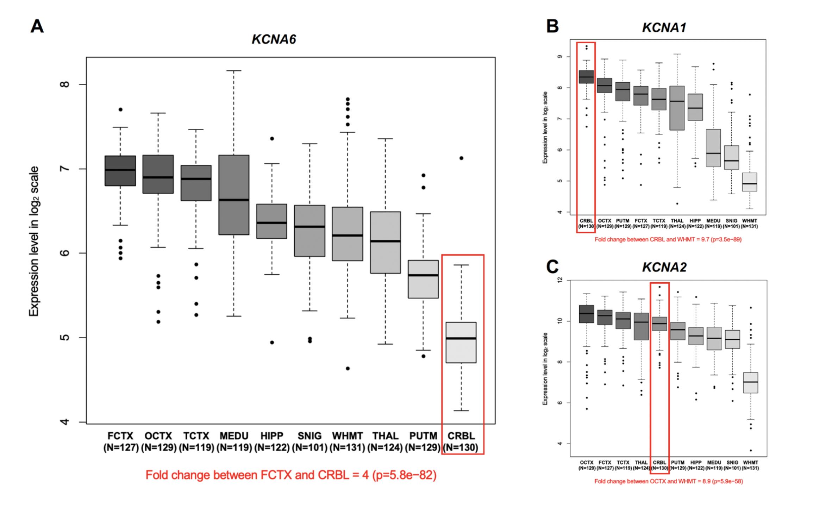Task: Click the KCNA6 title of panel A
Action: tap(274, 39)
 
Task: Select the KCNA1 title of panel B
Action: tap(664, 27)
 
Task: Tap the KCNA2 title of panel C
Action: tap(664, 268)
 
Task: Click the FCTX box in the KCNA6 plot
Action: tap(120, 171)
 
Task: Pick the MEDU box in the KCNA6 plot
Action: tap(234, 195)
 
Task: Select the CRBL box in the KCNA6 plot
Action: tap(461, 343)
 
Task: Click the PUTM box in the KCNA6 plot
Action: tap(423, 279)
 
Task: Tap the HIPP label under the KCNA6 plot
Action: tap(271, 436)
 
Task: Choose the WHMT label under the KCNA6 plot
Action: tap(347, 436)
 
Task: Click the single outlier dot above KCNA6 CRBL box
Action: tap(461, 158)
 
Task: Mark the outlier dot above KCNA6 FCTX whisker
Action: tap(120, 109)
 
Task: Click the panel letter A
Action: tap(37, 26)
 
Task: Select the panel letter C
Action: tap(552, 267)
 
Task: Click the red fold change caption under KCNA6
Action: tap(291, 475)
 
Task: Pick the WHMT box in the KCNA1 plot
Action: tap(750, 182)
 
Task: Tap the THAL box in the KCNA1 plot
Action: tap(677, 108)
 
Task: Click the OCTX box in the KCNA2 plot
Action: tap(586, 314)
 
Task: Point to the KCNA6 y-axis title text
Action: tap(34, 241)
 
